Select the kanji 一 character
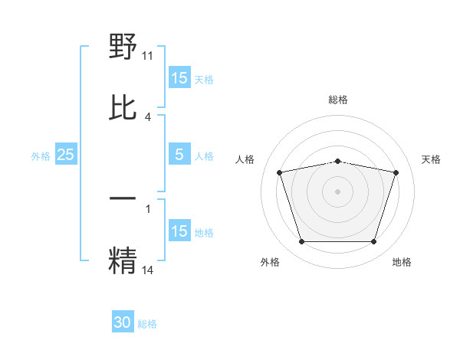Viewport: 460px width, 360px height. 123,198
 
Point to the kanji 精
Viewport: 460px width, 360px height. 123,259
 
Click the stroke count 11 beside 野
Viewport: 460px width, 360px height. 148,55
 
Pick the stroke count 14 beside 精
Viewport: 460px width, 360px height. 148,269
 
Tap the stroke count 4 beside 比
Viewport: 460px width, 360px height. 148,116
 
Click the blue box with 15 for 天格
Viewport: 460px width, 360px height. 179,78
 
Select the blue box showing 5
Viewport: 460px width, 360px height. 179,155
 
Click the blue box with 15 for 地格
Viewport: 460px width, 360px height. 179,231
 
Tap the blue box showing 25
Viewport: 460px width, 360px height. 65,155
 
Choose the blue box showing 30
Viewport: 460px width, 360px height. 123,322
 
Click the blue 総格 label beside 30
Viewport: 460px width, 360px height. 147,324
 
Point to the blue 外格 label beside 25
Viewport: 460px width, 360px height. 41,156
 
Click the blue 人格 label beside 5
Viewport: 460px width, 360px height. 204,156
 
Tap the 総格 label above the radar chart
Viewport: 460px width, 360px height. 337,100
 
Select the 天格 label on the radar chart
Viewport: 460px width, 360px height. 431,159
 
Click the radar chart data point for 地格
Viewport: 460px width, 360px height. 373,242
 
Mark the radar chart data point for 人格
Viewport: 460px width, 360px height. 280,172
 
